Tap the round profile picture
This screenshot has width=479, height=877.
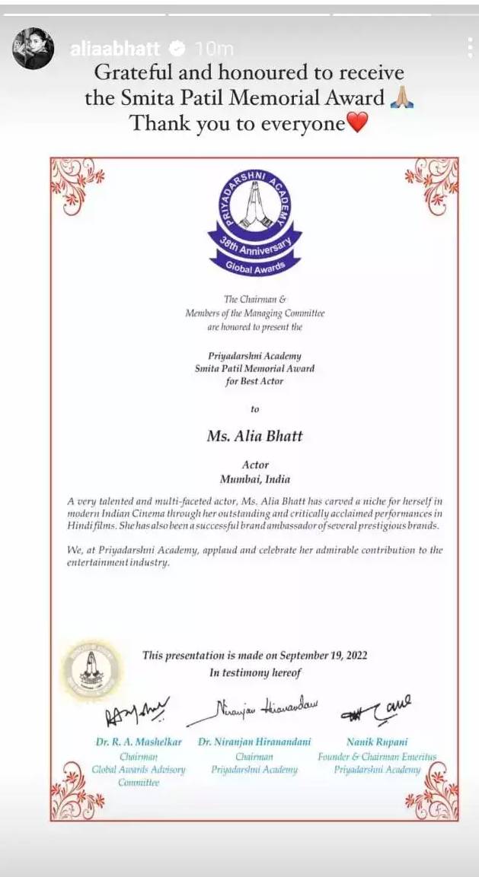(x=33, y=49)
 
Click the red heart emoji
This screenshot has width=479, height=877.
(x=357, y=122)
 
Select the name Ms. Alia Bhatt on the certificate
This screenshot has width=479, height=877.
(x=254, y=436)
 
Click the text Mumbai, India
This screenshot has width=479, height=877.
(x=254, y=479)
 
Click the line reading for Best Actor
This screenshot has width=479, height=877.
(x=254, y=380)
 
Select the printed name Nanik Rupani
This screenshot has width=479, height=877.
(x=377, y=741)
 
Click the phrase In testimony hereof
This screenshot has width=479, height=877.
(x=255, y=672)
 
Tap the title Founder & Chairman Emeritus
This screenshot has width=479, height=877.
(x=377, y=757)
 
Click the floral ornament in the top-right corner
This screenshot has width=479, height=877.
(x=431, y=183)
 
